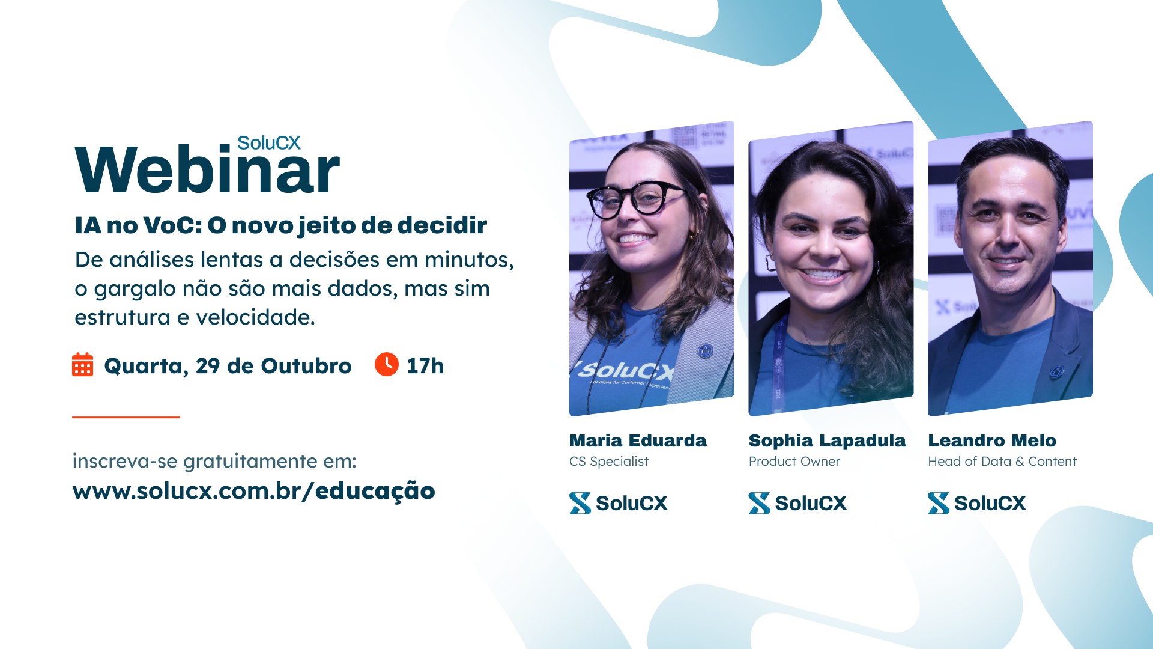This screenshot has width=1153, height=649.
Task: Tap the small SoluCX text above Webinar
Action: [x=268, y=143]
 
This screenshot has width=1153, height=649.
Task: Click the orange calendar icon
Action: [x=83, y=365]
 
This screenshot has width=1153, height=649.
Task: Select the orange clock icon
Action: [x=387, y=364]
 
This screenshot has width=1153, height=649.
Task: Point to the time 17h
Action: [x=425, y=366]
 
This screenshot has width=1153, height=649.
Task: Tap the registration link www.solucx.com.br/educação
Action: [x=253, y=491]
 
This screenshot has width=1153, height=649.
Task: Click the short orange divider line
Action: [x=126, y=417]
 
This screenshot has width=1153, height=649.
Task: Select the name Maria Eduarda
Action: [x=638, y=440]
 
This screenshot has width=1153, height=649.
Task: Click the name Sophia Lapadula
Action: [x=827, y=441]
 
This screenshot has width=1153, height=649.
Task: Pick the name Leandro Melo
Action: [x=992, y=440]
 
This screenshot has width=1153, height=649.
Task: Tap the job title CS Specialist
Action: [x=609, y=462]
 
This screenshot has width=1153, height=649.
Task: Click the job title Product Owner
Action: [x=794, y=462]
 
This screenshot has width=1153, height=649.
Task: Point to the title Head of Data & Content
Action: [x=1002, y=462]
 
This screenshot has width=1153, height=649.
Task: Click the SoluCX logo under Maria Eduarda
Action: [x=619, y=503]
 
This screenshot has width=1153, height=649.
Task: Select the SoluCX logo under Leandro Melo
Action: [x=977, y=503]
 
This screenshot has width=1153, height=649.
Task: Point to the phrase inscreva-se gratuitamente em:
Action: [x=214, y=461]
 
